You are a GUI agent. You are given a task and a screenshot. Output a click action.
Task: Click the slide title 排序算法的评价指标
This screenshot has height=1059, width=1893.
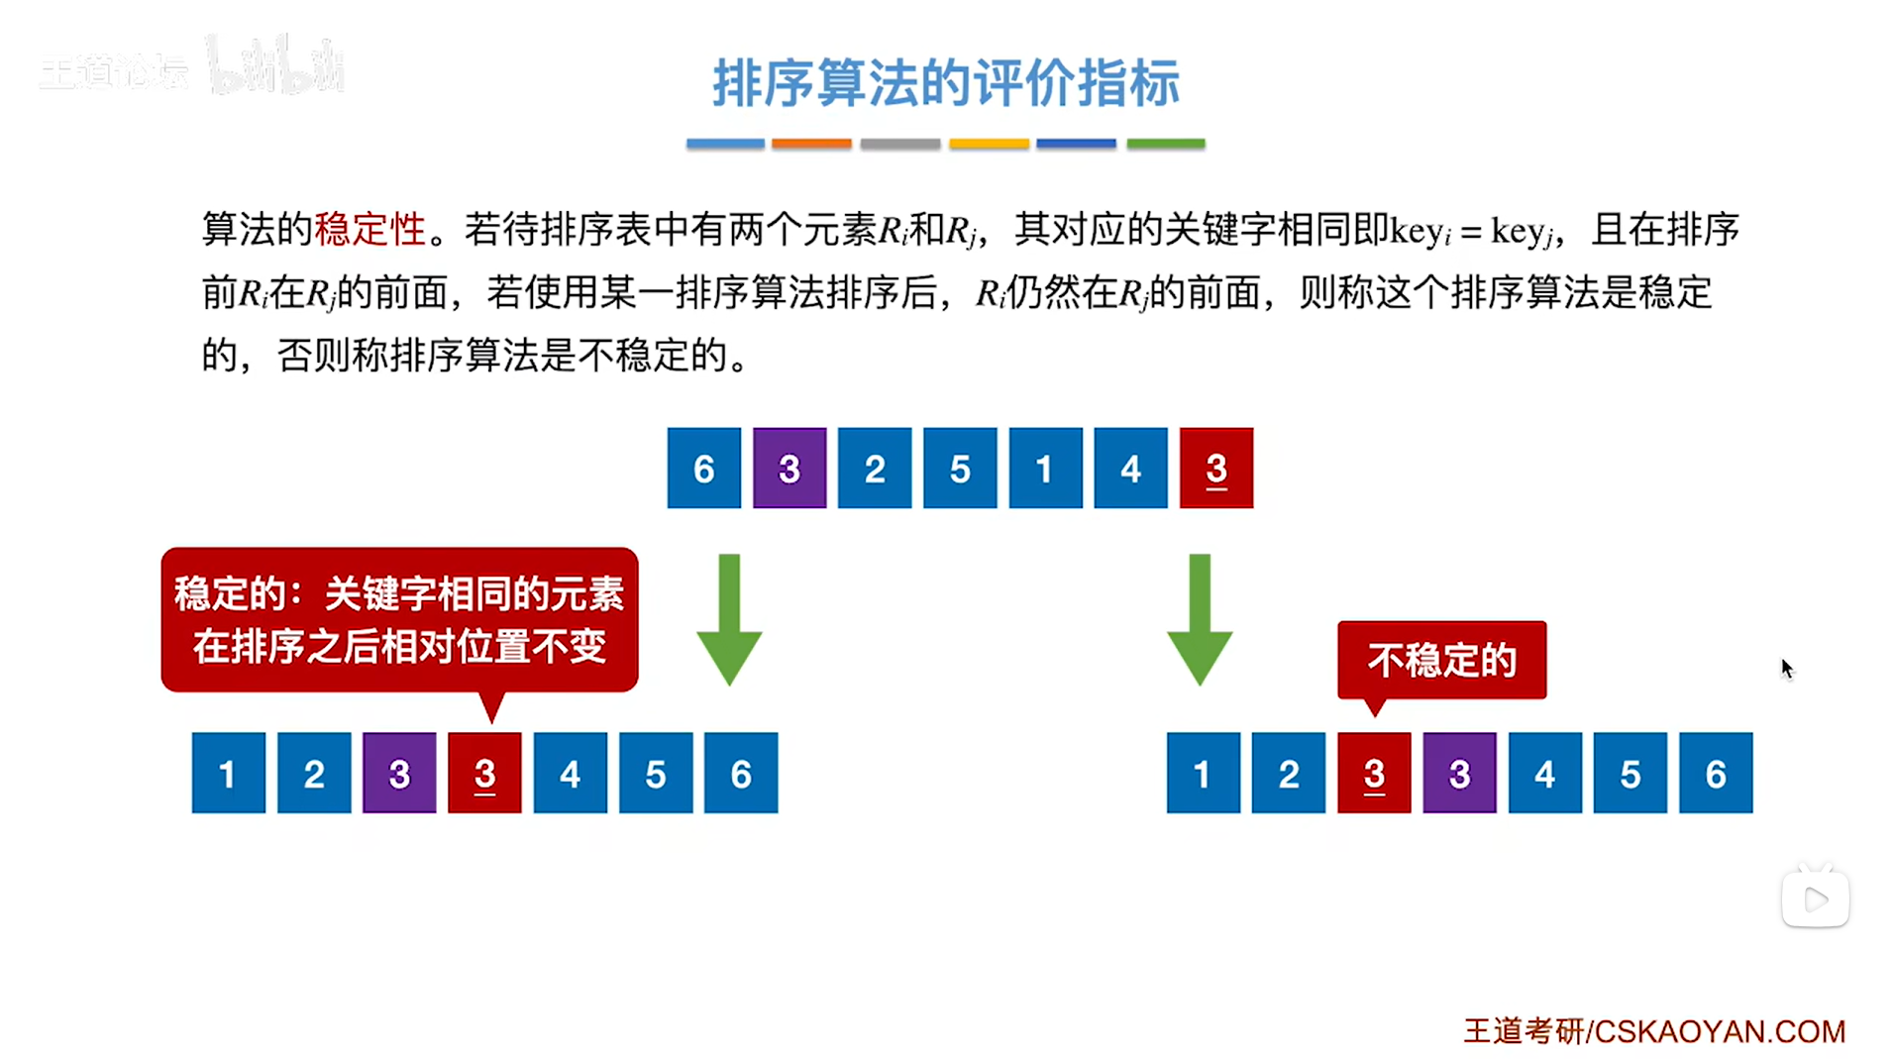(946, 82)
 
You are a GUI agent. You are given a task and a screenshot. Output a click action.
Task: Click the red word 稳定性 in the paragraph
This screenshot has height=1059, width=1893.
(369, 229)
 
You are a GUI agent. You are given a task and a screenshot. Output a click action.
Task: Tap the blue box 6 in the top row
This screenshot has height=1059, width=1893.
(703, 468)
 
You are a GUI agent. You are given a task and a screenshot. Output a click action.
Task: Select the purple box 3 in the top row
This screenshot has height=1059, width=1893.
(789, 468)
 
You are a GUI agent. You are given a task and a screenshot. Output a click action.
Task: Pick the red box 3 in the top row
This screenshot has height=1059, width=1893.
(1216, 468)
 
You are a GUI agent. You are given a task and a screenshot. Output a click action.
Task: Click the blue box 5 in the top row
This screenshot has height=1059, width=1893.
(960, 468)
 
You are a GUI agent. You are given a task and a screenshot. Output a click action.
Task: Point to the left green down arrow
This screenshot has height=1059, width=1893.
(729, 619)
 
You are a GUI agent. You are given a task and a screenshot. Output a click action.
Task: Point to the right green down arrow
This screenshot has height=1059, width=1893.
(1200, 619)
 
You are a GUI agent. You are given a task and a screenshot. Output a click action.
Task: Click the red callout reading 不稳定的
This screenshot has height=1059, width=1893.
(1441, 660)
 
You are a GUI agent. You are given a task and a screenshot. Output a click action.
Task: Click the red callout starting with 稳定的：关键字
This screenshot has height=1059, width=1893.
(399, 619)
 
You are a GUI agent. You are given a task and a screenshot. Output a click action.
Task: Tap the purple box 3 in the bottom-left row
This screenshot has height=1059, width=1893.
(399, 773)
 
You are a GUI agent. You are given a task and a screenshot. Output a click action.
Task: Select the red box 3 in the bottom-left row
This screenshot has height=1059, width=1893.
(484, 773)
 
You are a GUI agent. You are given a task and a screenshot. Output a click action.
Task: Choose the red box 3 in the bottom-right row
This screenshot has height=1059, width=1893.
(1374, 773)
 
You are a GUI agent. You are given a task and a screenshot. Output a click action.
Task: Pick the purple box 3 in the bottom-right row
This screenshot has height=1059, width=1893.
(1459, 773)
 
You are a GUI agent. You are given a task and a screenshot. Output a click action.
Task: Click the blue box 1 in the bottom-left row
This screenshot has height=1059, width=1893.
(228, 773)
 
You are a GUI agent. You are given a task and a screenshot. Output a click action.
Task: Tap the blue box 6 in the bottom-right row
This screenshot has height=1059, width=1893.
(1716, 773)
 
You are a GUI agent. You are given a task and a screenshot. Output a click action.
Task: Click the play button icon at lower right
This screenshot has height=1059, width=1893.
(1816, 900)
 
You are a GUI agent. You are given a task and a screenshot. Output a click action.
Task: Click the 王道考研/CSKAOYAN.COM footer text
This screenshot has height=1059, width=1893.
(1654, 1031)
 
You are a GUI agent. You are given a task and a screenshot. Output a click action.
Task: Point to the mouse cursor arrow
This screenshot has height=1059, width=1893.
(1787, 669)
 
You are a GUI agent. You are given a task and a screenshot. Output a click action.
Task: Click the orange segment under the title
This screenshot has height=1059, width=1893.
(811, 144)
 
